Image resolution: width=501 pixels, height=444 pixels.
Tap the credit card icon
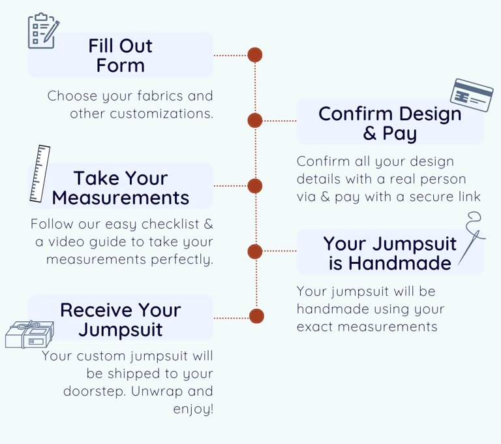pyautogui.click(x=472, y=96)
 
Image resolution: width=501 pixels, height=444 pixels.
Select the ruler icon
pyautogui.click(x=40, y=174)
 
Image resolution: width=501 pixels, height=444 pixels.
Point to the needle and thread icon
pyautogui.click(x=472, y=238)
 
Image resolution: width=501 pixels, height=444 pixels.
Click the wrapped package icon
pyautogui.click(x=29, y=334)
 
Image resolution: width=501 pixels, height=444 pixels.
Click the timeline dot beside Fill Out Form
pyautogui.click(x=255, y=55)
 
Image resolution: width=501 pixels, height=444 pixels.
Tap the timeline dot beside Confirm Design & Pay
pyautogui.click(x=255, y=120)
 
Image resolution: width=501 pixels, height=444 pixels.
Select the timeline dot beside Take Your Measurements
pyautogui.click(x=255, y=186)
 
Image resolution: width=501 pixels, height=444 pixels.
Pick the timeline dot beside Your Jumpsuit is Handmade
pyautogui.click(x=255, y=251)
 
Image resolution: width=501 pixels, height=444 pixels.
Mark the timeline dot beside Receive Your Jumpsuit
pyautogui.click(x=256, y=317)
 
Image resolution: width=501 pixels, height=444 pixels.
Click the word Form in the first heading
pyautogui.click(x=121, y=66)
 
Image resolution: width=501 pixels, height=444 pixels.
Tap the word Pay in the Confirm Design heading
pyautogui.click(x=400, y=135)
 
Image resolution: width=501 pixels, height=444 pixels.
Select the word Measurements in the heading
pyautogui.click(x=121, y=197)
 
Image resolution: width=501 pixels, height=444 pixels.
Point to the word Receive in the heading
pyautogui.click(x=96, y=310)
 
